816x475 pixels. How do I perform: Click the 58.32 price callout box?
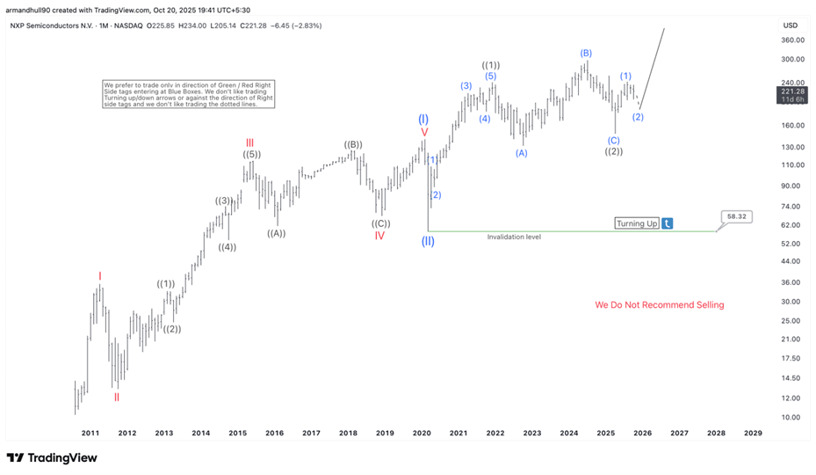click(x=737, y=216)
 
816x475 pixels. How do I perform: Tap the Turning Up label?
click(x=637, y=223)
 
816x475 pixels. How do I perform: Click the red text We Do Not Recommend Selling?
click(x=659, y=305)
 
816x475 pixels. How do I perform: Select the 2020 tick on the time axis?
click(x=421, y=433)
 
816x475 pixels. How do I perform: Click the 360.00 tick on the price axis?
click(x=793, y=40)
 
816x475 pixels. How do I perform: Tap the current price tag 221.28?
click(x=793, y=92)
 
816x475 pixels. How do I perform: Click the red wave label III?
click(x=250, y=142)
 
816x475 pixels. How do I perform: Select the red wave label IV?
click(x=379, y=236)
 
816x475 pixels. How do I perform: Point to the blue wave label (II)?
click(x=428, y=241)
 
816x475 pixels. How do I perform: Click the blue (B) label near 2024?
click(x=586, y=53)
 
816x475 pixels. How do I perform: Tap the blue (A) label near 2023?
click(x=521, y=153)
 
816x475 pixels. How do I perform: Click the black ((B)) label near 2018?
click(x=353, y=144)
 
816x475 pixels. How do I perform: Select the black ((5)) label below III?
click(x=251, y=155)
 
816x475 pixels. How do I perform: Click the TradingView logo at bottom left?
click(x=52, y=457)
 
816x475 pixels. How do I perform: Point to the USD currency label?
click(x=791, y=25)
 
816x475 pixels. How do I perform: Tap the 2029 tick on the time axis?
click(x=753, y=433)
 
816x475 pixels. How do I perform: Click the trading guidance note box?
click(x=188, y=94)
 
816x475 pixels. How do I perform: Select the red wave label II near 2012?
click(x=116, y=397)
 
